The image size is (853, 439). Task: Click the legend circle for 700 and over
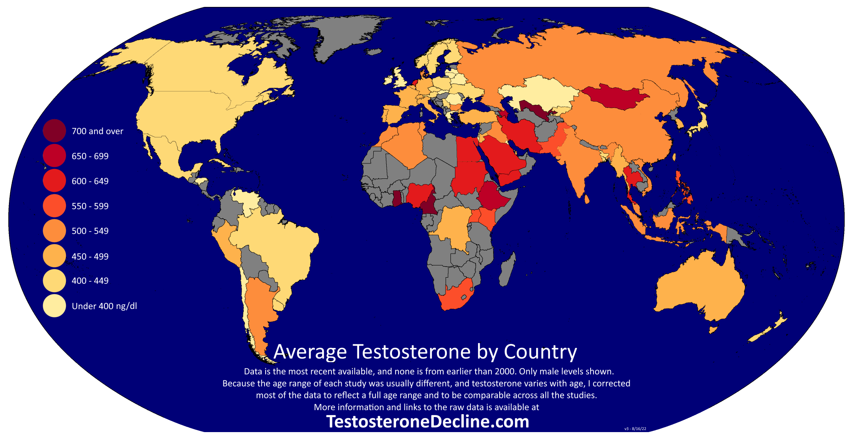54,131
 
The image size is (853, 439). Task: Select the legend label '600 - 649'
90,181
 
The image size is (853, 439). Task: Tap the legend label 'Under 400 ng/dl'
104,306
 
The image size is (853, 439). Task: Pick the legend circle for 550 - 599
54,206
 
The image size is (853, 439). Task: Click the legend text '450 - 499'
90,256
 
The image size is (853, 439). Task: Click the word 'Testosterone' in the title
411,352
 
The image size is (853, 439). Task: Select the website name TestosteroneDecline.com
427,422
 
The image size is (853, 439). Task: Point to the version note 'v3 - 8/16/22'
635,429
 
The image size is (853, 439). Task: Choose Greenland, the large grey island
345,37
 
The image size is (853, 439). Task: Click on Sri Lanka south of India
587,199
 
